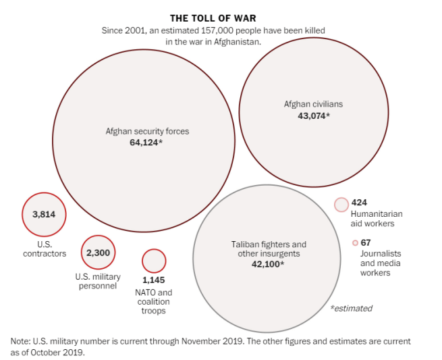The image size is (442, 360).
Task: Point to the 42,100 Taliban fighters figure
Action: coord(268,264)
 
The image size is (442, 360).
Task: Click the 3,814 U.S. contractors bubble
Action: coord(44,215)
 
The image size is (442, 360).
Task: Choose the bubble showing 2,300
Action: coord(99,253)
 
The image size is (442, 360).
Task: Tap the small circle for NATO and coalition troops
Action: coord(154,261)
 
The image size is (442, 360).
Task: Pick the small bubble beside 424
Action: coord(341,204)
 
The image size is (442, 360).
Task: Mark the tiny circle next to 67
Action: coord(355,242)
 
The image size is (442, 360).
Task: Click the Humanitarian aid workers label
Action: coord(372,218)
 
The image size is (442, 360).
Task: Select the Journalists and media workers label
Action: coord(375,263)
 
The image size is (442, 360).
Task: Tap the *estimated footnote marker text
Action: coord(351,308)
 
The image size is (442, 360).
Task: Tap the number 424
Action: coord(359,202)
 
